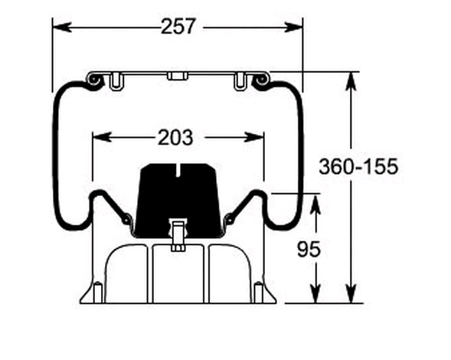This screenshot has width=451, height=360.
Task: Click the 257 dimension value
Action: [178, 27]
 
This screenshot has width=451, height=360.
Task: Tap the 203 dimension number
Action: [175, 137]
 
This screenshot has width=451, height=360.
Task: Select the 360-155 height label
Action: [358, 166]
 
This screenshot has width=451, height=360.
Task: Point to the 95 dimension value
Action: [309, 249]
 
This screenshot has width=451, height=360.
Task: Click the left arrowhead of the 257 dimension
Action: [62, 27]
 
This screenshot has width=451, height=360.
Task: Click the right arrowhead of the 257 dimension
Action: [293, 28]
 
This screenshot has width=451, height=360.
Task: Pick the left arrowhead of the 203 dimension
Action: [102, 137]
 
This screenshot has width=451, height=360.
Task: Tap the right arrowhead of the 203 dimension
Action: [254, 137]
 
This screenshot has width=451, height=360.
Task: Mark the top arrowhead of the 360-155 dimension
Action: [351, 81]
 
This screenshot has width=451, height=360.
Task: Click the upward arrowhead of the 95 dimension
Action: [315, 204]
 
